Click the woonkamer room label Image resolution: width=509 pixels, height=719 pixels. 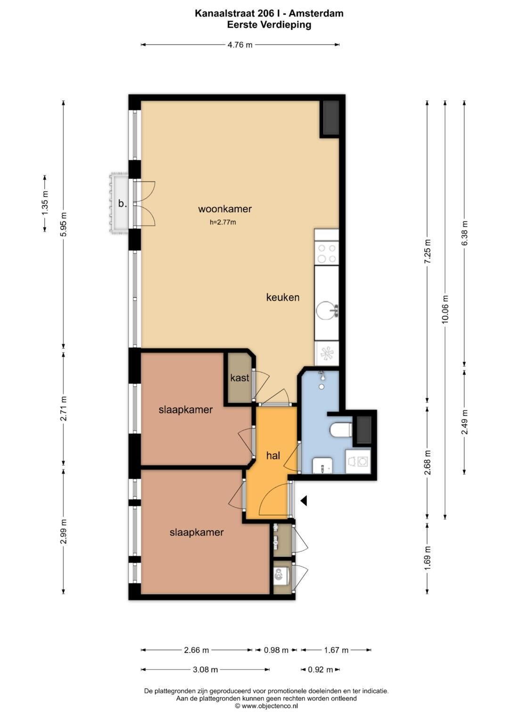click(225, 209)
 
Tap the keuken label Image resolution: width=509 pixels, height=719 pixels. click(283, 297)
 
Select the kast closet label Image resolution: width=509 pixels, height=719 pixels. click(240, 378)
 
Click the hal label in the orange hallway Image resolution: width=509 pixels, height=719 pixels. click(273, 455)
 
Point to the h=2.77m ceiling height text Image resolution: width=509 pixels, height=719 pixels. click(222, 222)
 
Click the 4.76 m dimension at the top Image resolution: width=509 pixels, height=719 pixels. click(240, 45)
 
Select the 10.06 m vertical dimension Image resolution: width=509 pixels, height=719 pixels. click(445, 308)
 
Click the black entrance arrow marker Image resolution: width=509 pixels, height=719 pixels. click(304, 501)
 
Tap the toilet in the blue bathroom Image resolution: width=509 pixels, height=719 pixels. click(341, 430)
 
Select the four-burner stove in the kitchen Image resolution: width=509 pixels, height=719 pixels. click(327, 253)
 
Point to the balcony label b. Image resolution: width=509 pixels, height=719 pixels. click(123, 203)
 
